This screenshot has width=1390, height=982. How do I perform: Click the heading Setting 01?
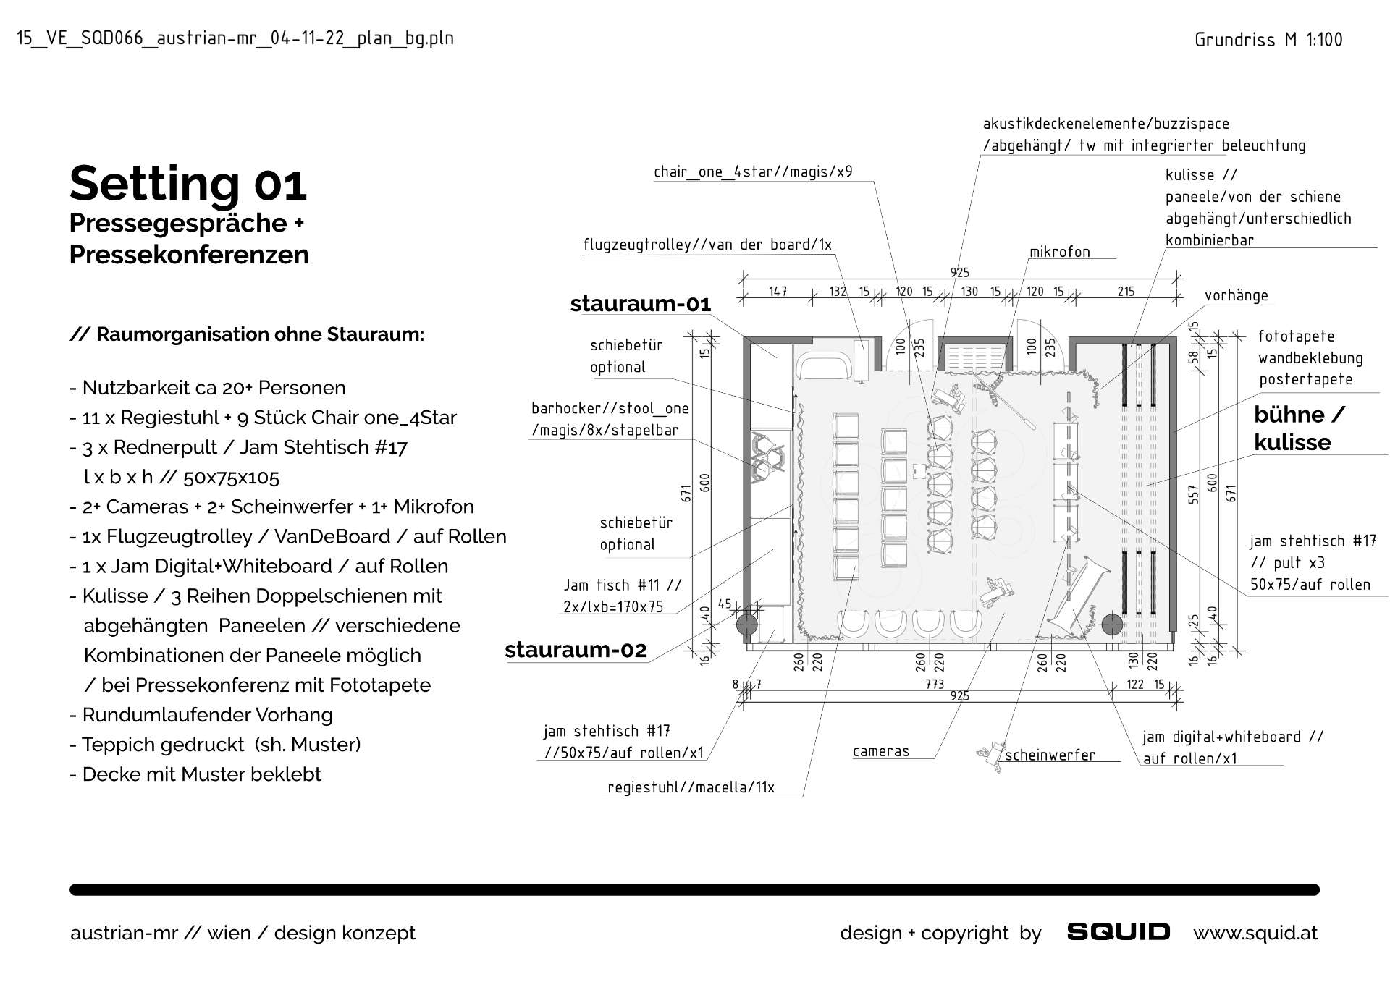[188, 184]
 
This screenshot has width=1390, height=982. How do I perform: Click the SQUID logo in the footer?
[1119, 932]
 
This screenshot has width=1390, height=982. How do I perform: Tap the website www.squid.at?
[1255, 933]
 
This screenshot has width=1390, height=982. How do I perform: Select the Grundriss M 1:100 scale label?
[1268, 40]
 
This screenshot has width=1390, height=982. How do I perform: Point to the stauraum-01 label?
[641, 304]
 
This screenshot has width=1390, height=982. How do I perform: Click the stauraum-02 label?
[576, 650]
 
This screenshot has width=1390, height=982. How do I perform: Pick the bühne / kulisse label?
[1299, 428]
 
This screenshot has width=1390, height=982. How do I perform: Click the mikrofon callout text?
[1060, 252]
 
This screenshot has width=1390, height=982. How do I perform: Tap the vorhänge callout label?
[1237, 295]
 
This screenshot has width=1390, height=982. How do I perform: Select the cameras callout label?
[881, 751]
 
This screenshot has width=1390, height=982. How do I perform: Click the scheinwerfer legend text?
[1050, 755]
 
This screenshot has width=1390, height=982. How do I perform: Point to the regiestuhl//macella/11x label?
[691, 787]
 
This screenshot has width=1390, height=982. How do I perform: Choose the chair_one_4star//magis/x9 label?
[753, 172]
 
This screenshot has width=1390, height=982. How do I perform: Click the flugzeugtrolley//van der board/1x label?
[707, 245]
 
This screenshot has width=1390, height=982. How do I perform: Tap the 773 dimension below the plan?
[935, 684]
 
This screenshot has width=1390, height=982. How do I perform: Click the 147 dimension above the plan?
[778, 292]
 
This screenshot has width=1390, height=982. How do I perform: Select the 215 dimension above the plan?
[1126, 292]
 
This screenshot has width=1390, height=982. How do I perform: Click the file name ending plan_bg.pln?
[235, 38]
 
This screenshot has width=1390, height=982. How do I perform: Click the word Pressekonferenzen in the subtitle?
[189, 255]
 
